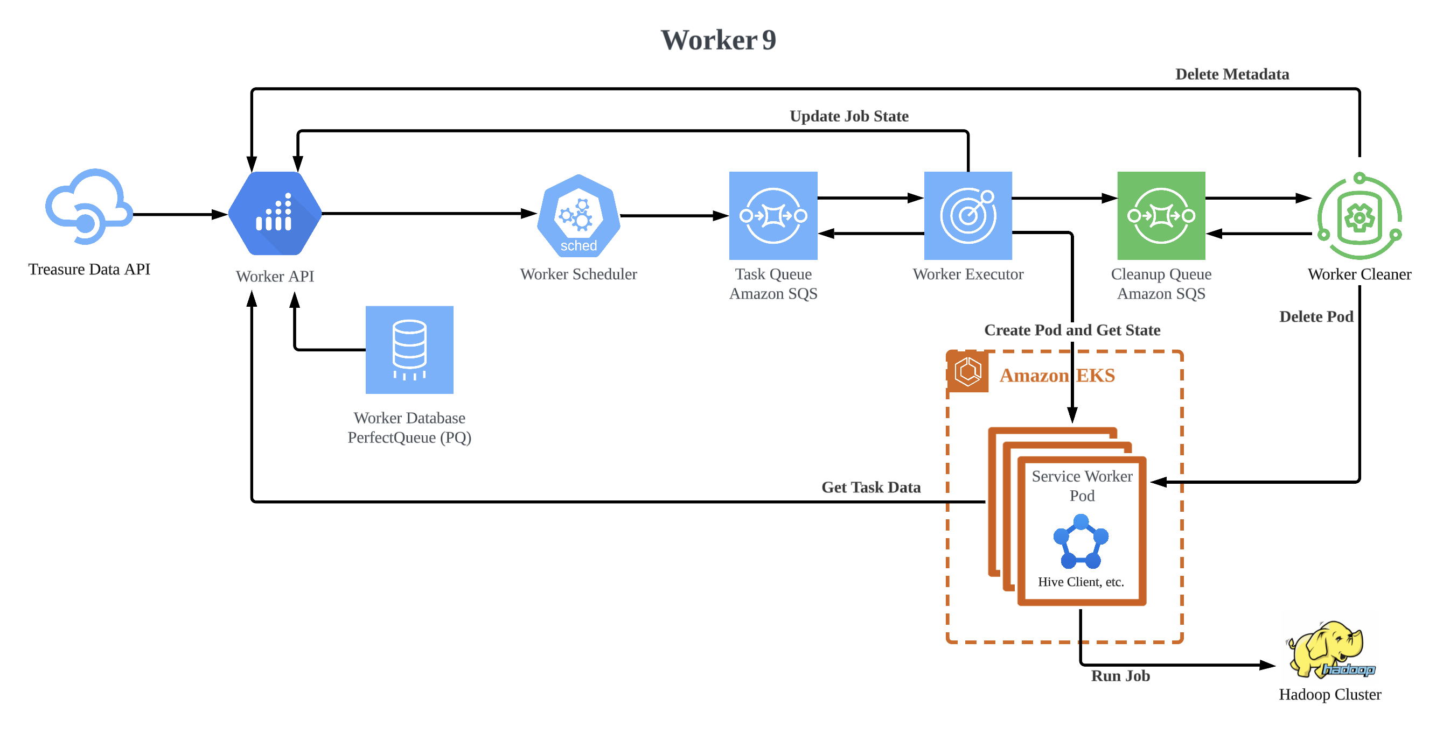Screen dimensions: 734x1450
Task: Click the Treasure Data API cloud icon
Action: click(x=89, y=207)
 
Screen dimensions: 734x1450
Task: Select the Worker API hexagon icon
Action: click(x=275, y=214)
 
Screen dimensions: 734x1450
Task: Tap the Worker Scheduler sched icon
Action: click(x=578, y=216)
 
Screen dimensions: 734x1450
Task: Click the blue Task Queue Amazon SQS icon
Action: click(x=773, y=215)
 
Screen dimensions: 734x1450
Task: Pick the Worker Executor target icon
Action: click(x=967, y=215)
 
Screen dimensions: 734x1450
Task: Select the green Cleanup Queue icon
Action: click(x=1161, y=215)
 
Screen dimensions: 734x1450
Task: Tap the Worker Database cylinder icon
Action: click(x=409, y=350)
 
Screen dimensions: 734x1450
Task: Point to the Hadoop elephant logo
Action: click(x=1329, y=649)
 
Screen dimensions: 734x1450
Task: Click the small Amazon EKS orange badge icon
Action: click(x=967, y=372)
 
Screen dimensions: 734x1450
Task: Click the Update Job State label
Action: click(x=849, y=116)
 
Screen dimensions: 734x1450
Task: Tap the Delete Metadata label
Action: click(x=1232, y=74)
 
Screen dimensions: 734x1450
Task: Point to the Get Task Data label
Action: click(x=871, y=487)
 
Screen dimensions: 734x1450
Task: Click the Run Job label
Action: click(x=1120, y=675)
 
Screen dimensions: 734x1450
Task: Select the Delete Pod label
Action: click(x=1315, y=316)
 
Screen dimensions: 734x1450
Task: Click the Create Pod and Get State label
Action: click(x=1072, y=330)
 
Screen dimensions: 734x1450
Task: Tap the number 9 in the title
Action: click(x=769, y=40)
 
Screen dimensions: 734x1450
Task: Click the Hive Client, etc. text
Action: click(x=1080, y=582)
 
